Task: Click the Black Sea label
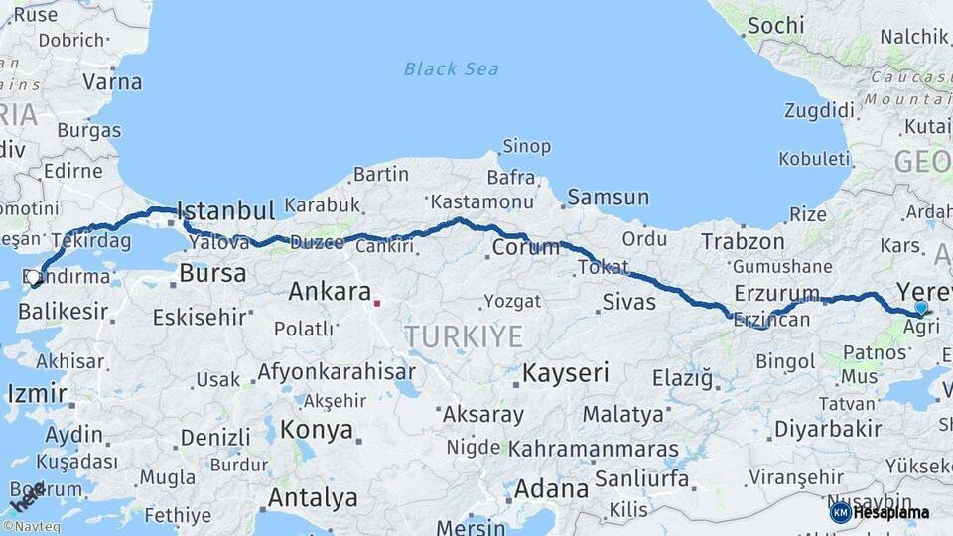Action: tap(451, 69)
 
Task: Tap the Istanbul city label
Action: tap(225, 211)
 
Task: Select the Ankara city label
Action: tap(330, 292)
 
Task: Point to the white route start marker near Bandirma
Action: tap(35, 278)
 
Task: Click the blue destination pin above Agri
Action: tap(921, 309)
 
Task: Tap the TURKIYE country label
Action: tap(464, 337)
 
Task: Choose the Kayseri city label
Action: tap(565, 374)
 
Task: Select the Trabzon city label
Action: tap(743, 241)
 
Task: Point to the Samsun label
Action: tap(608, 197)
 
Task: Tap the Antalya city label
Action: tap(313, 497)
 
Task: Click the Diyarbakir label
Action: tap(828, 429)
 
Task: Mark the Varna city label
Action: tap(112, 81)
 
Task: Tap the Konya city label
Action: tap(317, 430)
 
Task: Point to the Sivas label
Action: tap(629, 300)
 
